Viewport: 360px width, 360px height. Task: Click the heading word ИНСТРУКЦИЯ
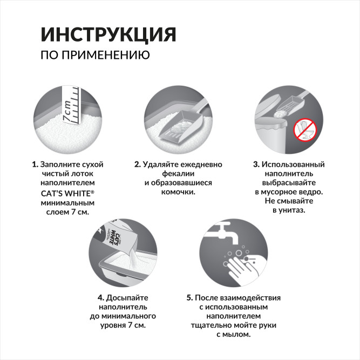[x=108, y=33]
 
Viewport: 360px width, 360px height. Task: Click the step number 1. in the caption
[x=35, y=164]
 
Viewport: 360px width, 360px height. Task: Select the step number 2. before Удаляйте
[x=138, y=164]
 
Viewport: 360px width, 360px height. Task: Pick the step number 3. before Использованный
[x=257, y=164]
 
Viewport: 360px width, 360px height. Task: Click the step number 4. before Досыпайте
[x=100, y=297]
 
